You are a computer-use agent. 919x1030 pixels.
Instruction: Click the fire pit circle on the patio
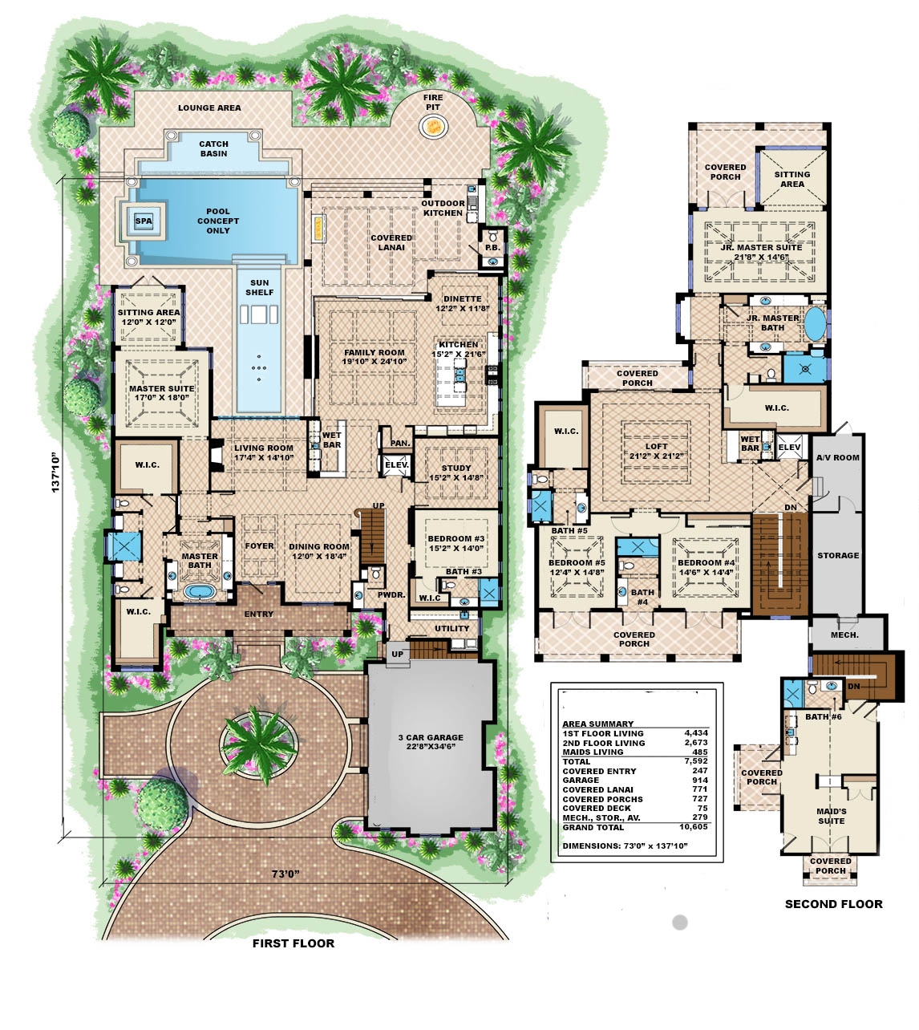click(x=433, y=125)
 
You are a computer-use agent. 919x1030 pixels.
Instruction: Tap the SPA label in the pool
click(x=144, y=221)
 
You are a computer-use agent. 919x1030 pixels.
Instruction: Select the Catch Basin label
click(x=213, y=148)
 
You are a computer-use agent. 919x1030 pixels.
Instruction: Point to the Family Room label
click(x=374, y=357)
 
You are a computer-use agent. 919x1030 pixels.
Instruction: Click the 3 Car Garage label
click(x=431, y=741)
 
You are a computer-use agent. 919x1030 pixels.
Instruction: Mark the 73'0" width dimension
click(x=285, y=874)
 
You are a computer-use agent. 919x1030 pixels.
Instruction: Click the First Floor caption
click(x=293, y=943)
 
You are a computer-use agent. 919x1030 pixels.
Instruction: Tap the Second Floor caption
click(x=833, y=904)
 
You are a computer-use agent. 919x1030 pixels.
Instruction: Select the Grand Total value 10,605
click(x=693, y=826)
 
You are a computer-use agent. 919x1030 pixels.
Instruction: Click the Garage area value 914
click(x=699, y=780)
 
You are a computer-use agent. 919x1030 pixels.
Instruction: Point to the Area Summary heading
click(x=597, y=724)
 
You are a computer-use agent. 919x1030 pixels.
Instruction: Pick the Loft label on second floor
click(x=656, y=451)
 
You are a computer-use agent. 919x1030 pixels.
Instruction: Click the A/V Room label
click(x=837, y=457)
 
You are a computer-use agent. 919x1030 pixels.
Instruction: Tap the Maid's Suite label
click(x=831, y=816)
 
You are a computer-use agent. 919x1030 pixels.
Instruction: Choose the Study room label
click(x=455, y=472)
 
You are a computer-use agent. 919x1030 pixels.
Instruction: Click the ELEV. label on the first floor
click(x=396, y=464)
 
